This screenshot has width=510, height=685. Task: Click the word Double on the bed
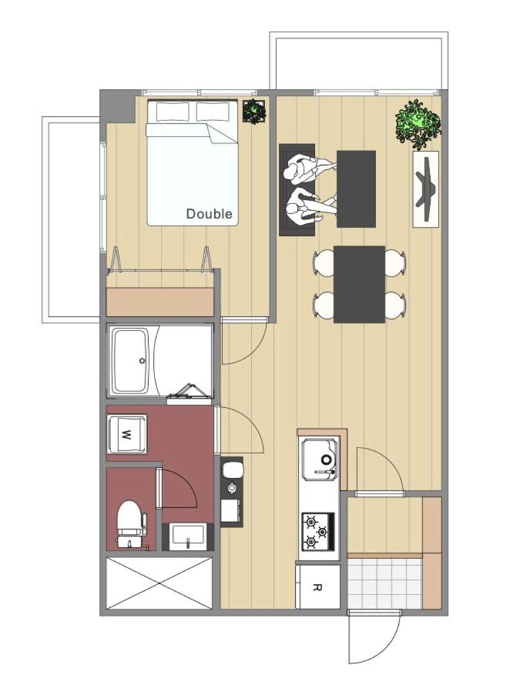coord(209,214)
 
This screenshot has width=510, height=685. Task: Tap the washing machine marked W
coord(127,435)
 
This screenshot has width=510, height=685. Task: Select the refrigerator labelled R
coord(318,586)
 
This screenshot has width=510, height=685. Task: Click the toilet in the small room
coord(131,523)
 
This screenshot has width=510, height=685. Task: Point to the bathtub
coord(131,361)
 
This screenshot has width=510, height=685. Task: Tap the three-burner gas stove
coord(317,531)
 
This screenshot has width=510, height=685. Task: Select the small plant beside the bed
coord(254,112)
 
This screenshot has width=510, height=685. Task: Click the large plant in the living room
coord(418,123)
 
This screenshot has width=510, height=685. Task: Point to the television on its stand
coord(426,189)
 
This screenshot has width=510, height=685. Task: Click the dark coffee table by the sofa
coord(356,189)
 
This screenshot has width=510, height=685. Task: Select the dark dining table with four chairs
coord(359,285)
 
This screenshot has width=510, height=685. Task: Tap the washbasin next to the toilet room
coord(188,536)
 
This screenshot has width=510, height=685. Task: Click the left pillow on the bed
coord(173,112)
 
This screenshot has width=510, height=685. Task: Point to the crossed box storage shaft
coord(159,583)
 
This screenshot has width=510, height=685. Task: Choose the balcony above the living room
coord(359,61)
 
